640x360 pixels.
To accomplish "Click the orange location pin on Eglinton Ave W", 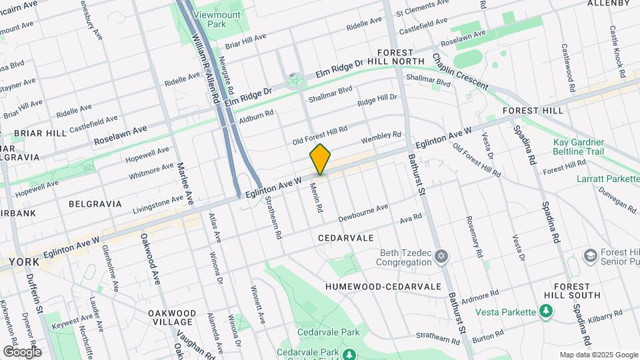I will point(320,159).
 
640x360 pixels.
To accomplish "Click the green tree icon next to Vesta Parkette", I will point(547,311).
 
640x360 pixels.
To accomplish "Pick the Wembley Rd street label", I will point(381,138).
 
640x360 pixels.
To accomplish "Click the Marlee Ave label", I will point(185,184).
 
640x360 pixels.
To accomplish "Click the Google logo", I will point(22,351).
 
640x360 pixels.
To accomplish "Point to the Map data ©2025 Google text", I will point(597,355).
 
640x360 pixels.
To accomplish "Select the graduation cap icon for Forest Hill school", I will point(590,256).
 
